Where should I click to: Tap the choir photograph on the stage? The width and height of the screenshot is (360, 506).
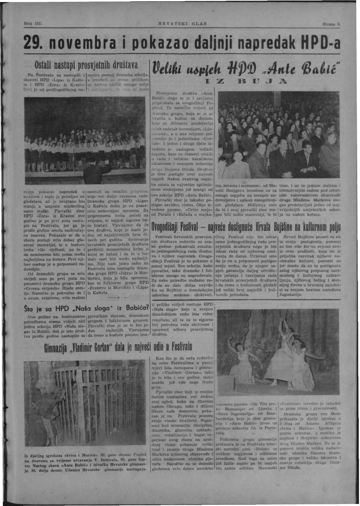tap(85, 141)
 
